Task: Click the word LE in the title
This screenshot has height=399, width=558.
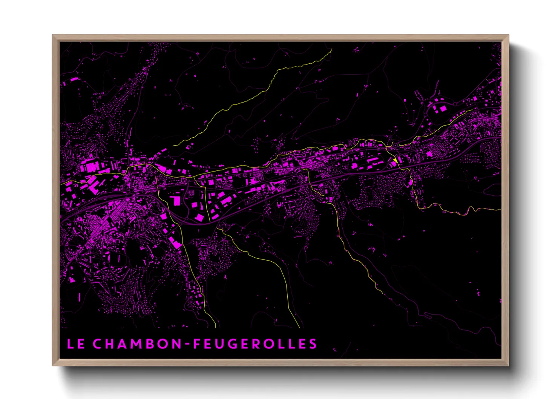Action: coord(75,344)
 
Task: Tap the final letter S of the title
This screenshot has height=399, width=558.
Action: coord(313,344)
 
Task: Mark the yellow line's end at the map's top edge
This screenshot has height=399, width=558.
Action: coord(332,49)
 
